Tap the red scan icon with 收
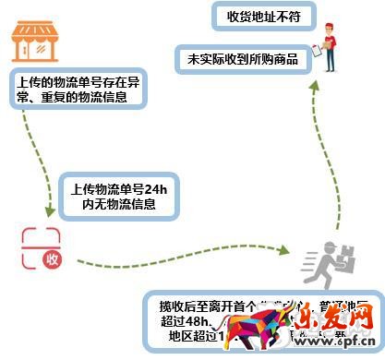[43, 249]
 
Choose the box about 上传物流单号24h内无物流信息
[116, 196]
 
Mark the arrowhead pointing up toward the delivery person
[314, 85]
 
